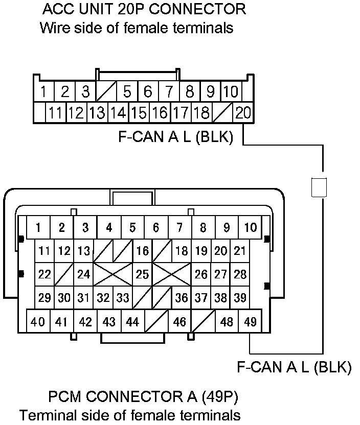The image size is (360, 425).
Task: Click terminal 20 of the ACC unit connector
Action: tap(243, 112)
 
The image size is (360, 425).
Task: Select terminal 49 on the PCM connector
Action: tap(250, 322)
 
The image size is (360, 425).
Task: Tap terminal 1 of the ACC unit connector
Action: tap(45, 92)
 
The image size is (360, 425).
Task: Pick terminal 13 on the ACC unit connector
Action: tap(97, 112)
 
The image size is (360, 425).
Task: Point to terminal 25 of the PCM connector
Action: tap(142, 274)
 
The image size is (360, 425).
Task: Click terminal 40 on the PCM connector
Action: tap(38, 322)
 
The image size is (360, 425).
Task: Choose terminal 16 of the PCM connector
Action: tap(143, 251)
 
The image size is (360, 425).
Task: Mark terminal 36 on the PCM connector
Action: tap(181, 298)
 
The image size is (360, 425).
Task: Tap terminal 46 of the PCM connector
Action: tap(179, 322)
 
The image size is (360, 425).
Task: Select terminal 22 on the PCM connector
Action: tap(45, 274)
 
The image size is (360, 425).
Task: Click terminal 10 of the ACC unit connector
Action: tap(231, 92)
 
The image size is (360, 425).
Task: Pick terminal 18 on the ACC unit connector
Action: tap(202, 112)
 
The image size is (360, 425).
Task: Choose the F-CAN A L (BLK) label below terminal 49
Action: tap(294, 368)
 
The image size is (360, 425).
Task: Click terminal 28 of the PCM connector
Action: tap(240, 274)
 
